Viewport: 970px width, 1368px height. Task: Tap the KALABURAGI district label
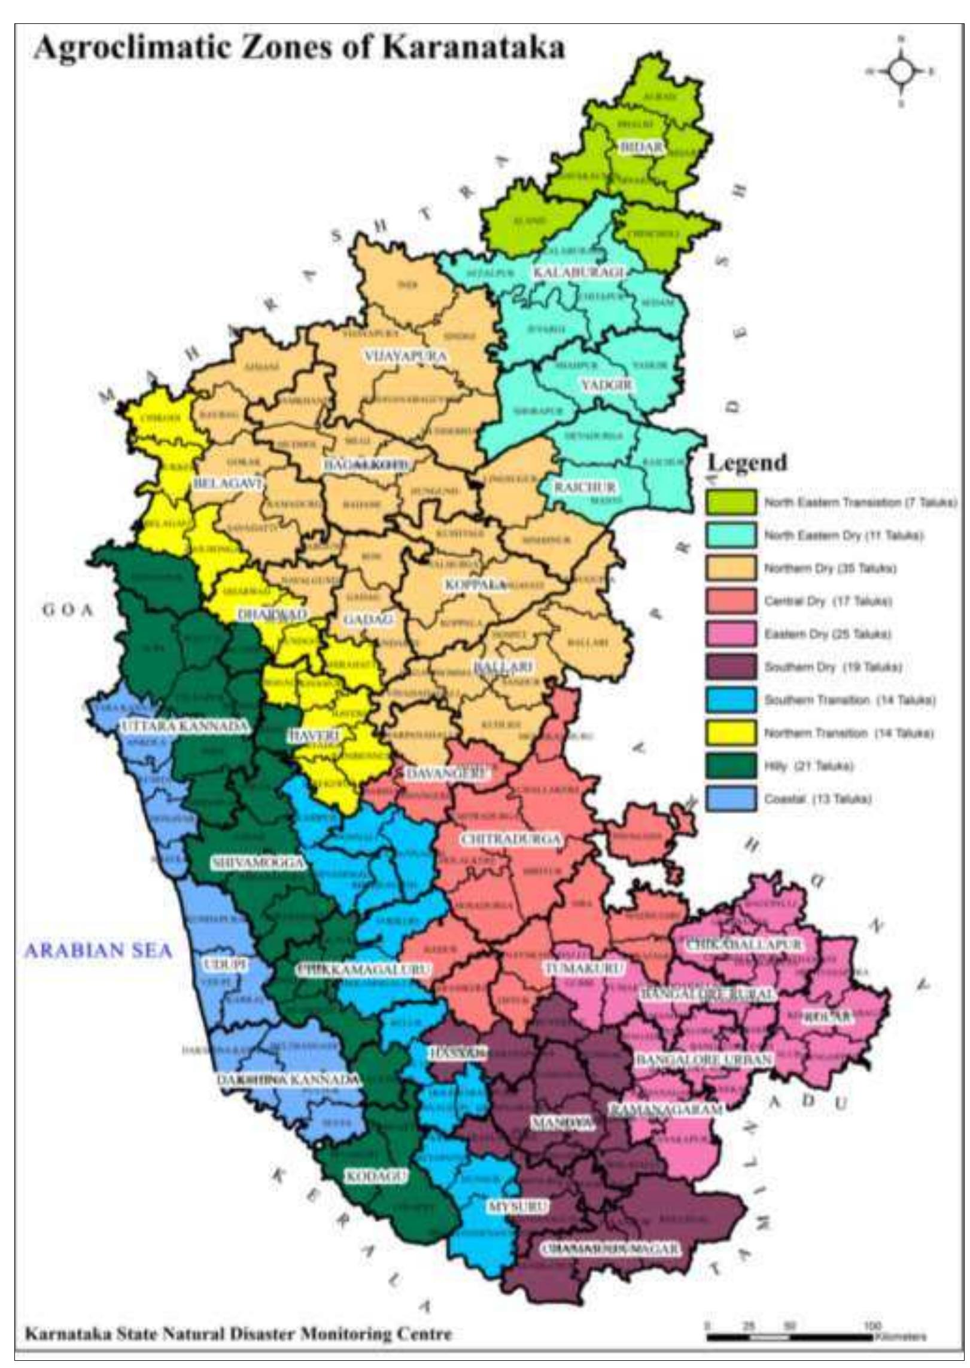(578, 272)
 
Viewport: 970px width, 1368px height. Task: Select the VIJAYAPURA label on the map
(406, 356)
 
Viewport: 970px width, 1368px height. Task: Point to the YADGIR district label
(606, 384)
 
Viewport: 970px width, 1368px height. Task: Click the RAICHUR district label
(584, 487)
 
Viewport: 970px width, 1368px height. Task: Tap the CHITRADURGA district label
(510, 839)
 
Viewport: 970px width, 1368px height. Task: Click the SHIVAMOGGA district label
(258, 862)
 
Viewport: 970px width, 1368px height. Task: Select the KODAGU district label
(376, 1176)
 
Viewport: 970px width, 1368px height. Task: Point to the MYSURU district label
(518, 1207)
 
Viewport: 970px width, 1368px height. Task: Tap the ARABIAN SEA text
(98, 950)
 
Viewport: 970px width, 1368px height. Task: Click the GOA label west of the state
(68, 610)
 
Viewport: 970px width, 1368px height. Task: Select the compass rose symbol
(901, 71)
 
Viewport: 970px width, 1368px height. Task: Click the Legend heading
(747, 463)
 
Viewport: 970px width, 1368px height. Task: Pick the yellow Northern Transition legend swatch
(730, 733)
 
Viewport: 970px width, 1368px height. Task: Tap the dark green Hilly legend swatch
(730, 766)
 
